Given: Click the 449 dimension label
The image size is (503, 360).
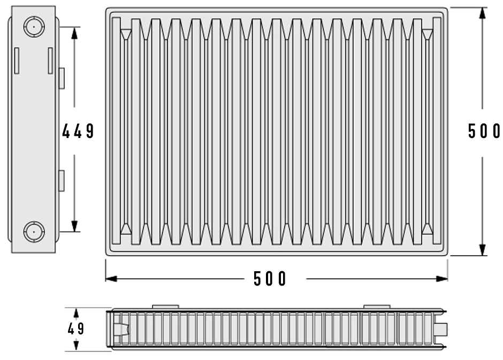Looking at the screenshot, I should pyautogui.click(x=78, y=131).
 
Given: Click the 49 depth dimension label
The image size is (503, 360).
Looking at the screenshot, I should pyautogui.click(x=76, y=328).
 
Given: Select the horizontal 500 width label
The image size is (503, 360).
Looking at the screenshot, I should pyautogui.click(x=270, y=279).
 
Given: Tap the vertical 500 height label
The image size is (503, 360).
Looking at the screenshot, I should pyautogui.click(x=484, y=131).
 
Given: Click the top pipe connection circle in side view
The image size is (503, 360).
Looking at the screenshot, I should pyautogui.click(x=34, y=26).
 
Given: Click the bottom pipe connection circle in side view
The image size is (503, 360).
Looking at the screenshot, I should pyautogui.click(x=34, y=232).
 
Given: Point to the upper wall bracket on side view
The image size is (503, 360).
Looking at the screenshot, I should pyautogui.click(x=61, y=78).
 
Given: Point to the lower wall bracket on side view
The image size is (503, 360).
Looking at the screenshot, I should pyautogui.click(x=61, y=180).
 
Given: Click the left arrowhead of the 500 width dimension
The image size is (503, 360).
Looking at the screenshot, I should pyautogui.click(x=110, y=278).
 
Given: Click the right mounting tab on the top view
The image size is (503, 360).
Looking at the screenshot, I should pyautogui.click(x=377, y=307).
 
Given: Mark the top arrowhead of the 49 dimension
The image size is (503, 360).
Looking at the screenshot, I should pyautogui.click(x=76, y=312).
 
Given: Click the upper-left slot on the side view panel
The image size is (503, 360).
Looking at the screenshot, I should pyautogui.click(x=17, y=60).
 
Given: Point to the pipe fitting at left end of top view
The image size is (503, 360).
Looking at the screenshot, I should pyautogui.click(x=120, y=328).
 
